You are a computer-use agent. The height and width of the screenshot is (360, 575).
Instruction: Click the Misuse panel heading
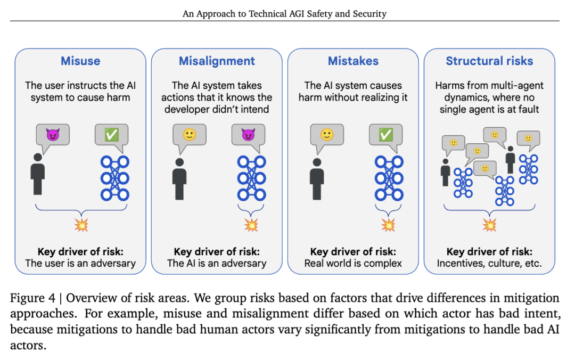coord(80,61)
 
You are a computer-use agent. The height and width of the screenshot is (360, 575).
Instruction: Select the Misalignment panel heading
coord(217,61)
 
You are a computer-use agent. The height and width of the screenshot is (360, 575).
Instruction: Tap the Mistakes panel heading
coord(353,61)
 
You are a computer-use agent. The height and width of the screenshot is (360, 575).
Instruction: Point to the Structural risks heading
coord(489,61)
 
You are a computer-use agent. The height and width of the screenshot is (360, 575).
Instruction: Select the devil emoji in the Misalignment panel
coord(248,135)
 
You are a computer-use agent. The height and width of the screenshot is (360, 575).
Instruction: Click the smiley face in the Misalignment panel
coord(190,135)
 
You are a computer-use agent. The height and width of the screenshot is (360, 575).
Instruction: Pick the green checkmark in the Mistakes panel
coord(385,135)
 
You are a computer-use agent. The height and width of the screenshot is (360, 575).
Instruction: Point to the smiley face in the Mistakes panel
coord(326,135)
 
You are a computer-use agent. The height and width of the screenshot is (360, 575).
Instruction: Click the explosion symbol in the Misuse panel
coord(80,225)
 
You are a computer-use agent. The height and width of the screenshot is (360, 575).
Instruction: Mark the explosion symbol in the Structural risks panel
coord(489,225)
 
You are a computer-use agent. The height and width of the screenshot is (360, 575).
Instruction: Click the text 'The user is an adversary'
coord(80,263)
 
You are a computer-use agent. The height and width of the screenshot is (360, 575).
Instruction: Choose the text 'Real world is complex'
coord(353,263)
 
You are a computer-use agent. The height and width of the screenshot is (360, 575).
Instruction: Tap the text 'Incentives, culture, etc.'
coord(489,263)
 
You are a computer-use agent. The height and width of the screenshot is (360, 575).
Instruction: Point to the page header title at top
coord(284,14)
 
